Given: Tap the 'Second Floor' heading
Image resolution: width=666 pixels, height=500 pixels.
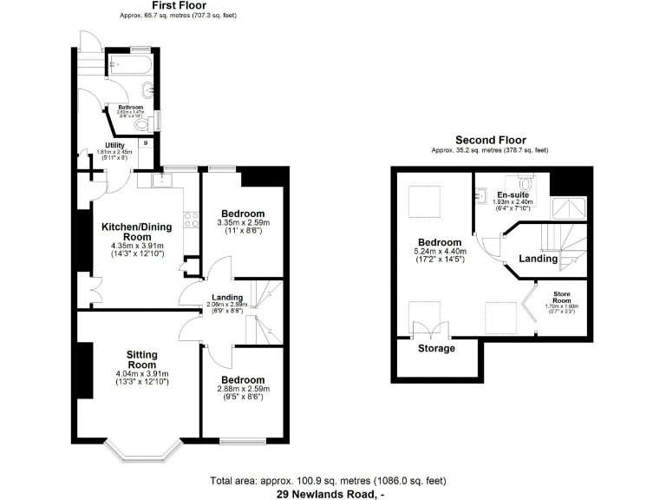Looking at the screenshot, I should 490,140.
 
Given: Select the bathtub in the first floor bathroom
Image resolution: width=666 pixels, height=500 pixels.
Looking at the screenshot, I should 129,63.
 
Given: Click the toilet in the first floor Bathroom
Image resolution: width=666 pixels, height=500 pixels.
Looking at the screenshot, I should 145,123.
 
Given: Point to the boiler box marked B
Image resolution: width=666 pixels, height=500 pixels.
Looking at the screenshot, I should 145,141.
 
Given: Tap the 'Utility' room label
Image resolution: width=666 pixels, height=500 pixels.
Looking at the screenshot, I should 115,145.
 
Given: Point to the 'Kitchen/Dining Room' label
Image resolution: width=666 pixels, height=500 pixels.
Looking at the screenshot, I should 137,232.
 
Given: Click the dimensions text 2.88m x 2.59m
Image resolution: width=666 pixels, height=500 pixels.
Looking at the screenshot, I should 243,389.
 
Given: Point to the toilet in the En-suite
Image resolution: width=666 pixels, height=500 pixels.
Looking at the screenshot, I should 525,184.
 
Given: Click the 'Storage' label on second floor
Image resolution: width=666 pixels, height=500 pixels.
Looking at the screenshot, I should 437,348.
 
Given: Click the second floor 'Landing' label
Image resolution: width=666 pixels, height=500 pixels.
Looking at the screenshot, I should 539,259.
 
